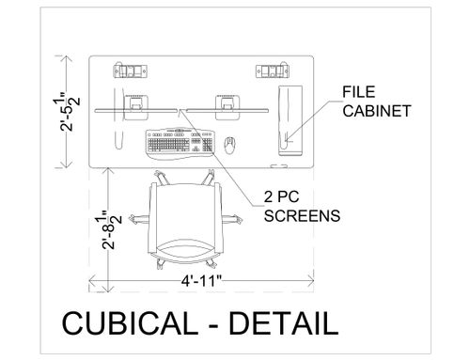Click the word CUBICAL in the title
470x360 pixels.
(131, 323)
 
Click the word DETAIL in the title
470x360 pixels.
(284, 323)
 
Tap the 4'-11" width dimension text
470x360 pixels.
(201, 281)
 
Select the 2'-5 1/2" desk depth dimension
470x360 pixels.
(67, 111)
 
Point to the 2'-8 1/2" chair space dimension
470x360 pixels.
(108, 229)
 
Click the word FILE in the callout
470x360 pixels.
(358, 92)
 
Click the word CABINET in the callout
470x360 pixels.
(377, 111)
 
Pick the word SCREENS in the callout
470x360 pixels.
(302, 216)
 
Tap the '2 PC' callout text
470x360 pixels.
(282, 196)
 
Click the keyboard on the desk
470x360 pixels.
(180, 144)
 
